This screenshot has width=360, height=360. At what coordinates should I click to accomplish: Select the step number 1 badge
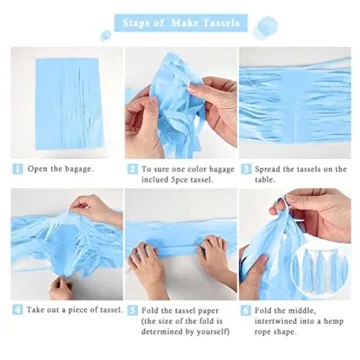(x=18, y=169)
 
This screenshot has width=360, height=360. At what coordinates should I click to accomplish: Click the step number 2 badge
(x=132, y=169)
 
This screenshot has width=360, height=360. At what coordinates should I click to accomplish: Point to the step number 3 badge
(x=246, y=169)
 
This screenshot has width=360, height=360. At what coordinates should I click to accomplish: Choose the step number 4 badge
(x=18, y=310)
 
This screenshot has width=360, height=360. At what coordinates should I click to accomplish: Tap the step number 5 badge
(x=132, y=310)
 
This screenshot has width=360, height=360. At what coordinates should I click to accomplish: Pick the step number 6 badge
(x=245, y=310)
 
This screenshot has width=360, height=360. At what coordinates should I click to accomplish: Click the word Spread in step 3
(x=267, y=169)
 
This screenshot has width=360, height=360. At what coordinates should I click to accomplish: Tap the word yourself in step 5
(x=213, y=332)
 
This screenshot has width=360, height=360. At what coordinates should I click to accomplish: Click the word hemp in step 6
(x=334, y=322)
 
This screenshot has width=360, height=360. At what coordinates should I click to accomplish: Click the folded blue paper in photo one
(x=70, y=103)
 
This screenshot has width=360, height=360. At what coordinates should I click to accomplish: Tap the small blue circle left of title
(x=106, y=35)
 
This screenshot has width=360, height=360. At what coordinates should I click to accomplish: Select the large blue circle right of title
(x=266, y=27)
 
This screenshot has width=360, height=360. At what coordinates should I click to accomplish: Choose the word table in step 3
(x=265, y=180)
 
